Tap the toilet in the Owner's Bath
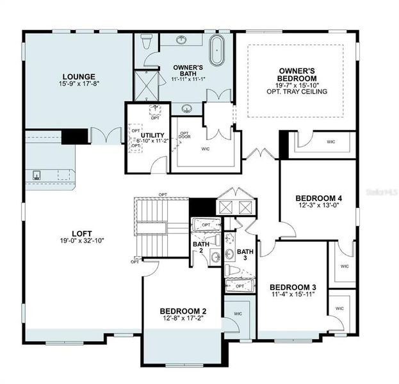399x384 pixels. point(146,42)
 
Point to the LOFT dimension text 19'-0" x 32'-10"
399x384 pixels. point(81,241)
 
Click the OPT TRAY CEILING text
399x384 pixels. point(303,92)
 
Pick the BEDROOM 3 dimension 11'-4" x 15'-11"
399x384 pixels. point(291,294)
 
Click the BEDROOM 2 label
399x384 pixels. point(183,312)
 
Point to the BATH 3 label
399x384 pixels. point(245,255)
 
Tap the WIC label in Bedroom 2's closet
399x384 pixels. point(237,314)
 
